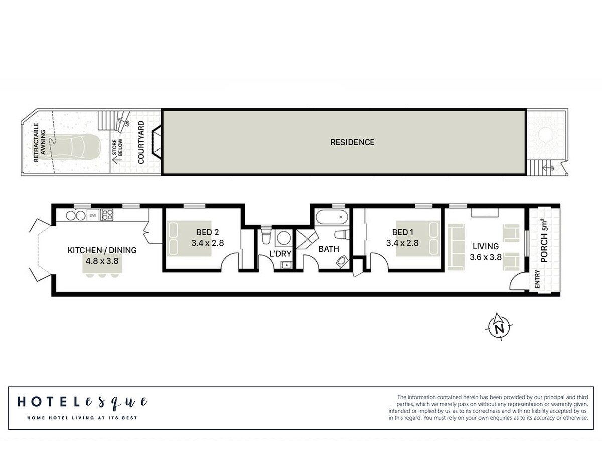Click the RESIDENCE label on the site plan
[x=352, y=142]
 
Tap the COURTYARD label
[x=141, y=142]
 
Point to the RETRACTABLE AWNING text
[x=40, y=142]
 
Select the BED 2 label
[x=207, y=232]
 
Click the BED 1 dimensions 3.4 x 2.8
[x=402, y=243]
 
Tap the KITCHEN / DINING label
[x=102, y=250]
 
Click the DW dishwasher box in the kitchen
[x=93, y=215]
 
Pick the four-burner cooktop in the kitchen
[x=107, y=215]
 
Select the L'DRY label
[x=280, y=254]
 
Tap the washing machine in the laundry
[x=283, y=237]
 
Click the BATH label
[x=329, y=249]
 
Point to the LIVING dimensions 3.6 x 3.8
[x=486, y=257]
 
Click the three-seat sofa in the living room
[x=457, y=247]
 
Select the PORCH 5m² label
[x=544, y=240]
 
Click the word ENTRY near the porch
[x=537, y=279]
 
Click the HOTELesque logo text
[x=83, y=402]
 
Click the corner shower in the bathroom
[x=307, y=239]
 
